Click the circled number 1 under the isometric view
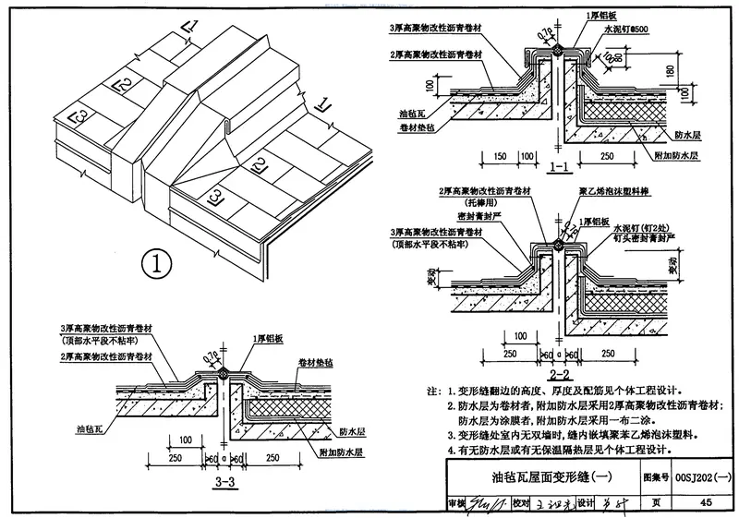click(158, 265)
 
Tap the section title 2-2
click(559, 375)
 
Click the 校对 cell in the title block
click(522, 503)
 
